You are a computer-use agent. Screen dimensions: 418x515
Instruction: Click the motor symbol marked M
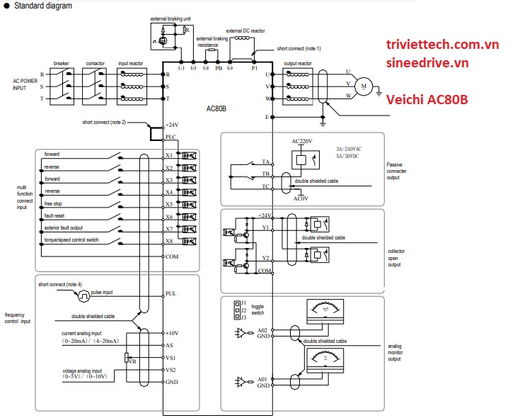coord(364,86)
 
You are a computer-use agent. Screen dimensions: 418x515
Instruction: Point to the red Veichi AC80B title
coord(427,101)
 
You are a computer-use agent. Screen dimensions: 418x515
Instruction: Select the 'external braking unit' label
coord(171,17)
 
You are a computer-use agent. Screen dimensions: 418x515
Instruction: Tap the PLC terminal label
coord(170,137)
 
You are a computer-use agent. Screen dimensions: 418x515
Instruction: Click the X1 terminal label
coord(169,154)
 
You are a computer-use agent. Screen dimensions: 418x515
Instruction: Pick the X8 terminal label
coord(169,242)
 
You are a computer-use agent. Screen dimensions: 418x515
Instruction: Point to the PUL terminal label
coord(170,293)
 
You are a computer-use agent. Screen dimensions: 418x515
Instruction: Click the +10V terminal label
coord(172,332)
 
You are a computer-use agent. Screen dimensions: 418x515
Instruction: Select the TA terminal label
coord(266,162)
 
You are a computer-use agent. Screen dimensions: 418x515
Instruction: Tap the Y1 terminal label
coord(266,228)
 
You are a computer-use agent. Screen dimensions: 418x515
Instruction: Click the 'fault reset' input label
coord(55,215)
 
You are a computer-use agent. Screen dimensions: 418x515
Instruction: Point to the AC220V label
coord(302,140)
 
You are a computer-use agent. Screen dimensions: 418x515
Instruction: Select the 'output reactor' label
coord(299,62)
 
